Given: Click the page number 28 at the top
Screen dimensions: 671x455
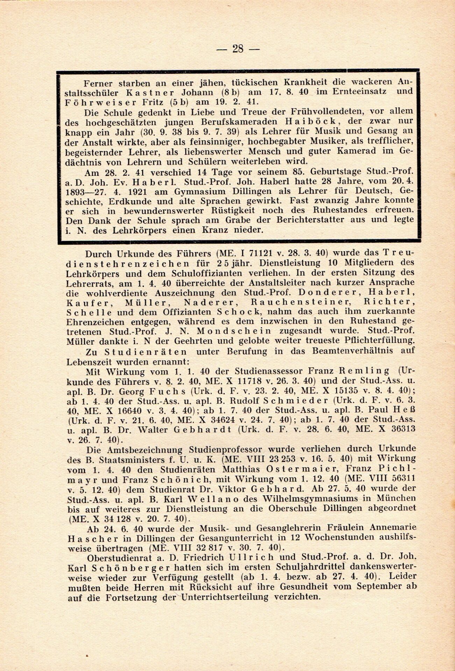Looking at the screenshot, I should pos(237,49).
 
